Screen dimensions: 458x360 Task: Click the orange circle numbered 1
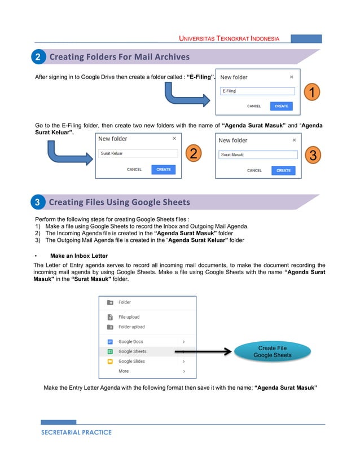click(312, 92)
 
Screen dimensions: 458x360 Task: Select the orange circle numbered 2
click(193, 153)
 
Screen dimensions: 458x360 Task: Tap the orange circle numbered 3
click(314, 155)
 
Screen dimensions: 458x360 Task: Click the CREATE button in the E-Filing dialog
click(281, 106)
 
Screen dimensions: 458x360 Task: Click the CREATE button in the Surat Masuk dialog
click(283, 170)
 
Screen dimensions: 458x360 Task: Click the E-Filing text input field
click(257, 91)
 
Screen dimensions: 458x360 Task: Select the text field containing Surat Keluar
click(137, 153)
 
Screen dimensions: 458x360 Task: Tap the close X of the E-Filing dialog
click(291, 77)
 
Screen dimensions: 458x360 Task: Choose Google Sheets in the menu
click(133, 351)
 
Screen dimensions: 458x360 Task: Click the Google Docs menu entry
click(131, 342)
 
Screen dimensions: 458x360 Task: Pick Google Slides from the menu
click(133, 361)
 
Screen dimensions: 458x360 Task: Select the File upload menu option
click(129, 317)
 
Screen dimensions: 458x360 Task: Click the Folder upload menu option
click(131, 327)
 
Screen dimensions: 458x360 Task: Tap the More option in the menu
click(124, 371)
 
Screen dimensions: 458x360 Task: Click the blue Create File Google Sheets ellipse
click(273, 352)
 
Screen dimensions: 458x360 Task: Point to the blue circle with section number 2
click(37, 57)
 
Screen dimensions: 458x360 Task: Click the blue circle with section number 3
click(37, 202)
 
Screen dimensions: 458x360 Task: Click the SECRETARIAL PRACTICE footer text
click(76, 433)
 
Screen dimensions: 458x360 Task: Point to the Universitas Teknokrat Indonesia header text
click(229, 39)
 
